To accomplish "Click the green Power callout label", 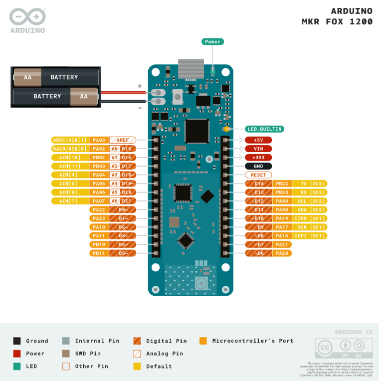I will click(212, 42).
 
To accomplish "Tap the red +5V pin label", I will click(258, 140).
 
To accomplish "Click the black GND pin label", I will click(258, 166).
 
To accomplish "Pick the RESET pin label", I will click(258, 175).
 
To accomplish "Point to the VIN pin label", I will click(258, 149).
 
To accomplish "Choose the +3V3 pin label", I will click(258, 158).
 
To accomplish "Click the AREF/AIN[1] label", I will click(70, 140).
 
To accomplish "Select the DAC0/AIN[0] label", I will click(70, 149).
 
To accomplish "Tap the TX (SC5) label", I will click(310, 184).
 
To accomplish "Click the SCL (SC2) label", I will click(310, 201).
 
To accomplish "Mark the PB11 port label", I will click(98, 253).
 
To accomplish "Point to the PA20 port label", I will click(283, 253).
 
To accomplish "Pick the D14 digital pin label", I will click(258, 184).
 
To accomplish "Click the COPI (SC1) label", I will click(310, 236).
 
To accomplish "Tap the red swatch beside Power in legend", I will click(17, 354).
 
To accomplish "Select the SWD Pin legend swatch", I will click(66, 354).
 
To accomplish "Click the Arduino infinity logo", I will click(27, 17).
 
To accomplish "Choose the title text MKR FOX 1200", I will click(337, 22).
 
